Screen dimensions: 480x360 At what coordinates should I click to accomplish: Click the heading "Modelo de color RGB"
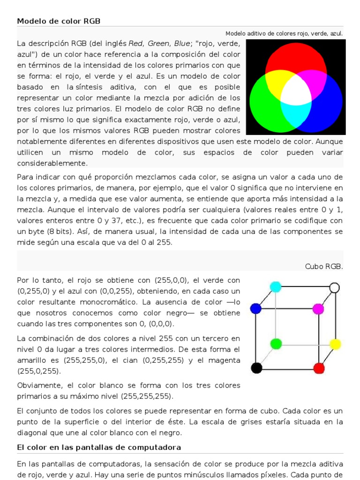click(59, 21)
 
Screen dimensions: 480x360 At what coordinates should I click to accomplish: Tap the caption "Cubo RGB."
click(324, 266)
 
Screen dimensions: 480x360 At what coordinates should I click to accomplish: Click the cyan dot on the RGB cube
click(276, 286)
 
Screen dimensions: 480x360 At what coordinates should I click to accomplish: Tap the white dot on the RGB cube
click(334, 287)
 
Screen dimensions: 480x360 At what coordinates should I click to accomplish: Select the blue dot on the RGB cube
click(255, 308)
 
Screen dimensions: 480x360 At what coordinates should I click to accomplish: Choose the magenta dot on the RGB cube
click(318, 308)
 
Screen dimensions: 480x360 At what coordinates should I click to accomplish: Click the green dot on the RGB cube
click(276, 344)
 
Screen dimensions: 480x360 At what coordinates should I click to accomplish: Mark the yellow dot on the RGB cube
click(335, 345)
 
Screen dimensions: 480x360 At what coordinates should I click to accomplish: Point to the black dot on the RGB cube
click(256, 368)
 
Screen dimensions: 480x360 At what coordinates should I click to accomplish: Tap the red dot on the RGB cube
click(319, 368)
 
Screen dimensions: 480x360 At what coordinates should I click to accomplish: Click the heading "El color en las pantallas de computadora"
click(99, 448)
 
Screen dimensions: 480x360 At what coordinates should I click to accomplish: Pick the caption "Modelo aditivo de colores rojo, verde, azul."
click(284, 34)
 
